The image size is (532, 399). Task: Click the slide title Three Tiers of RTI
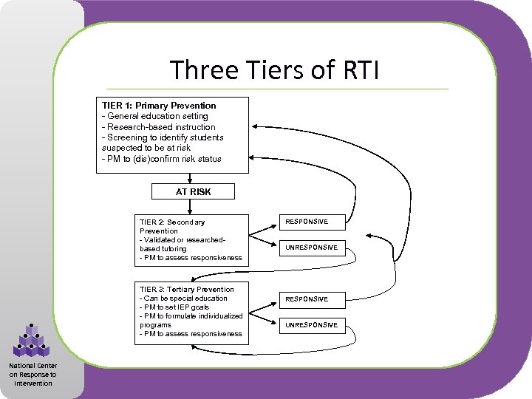pos(274,71)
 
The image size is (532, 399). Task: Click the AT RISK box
pos(193,191)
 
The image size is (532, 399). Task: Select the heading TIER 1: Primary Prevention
pos(159,106)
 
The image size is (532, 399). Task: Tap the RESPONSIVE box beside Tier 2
pos(307,222)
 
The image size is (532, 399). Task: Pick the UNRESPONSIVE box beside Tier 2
pos(311,248)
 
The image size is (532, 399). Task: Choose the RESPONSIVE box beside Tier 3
pos(307,299)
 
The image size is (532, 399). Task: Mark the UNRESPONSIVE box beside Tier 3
pos(311,325)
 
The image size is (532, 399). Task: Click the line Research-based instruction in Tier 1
pos(158,127)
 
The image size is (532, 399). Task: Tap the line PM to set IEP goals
pos(174,307)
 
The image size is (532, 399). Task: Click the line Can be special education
pos(183,299)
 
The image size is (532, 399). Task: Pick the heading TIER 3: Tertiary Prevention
pos(186,290)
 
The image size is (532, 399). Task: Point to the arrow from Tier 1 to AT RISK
pos(191,178)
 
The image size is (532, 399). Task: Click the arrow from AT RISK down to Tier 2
pos(191,206)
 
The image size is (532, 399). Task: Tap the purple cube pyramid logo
pos(31,341)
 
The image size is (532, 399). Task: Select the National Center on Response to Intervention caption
pos(33,374)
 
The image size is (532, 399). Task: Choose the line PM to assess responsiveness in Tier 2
pos(191,258)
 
